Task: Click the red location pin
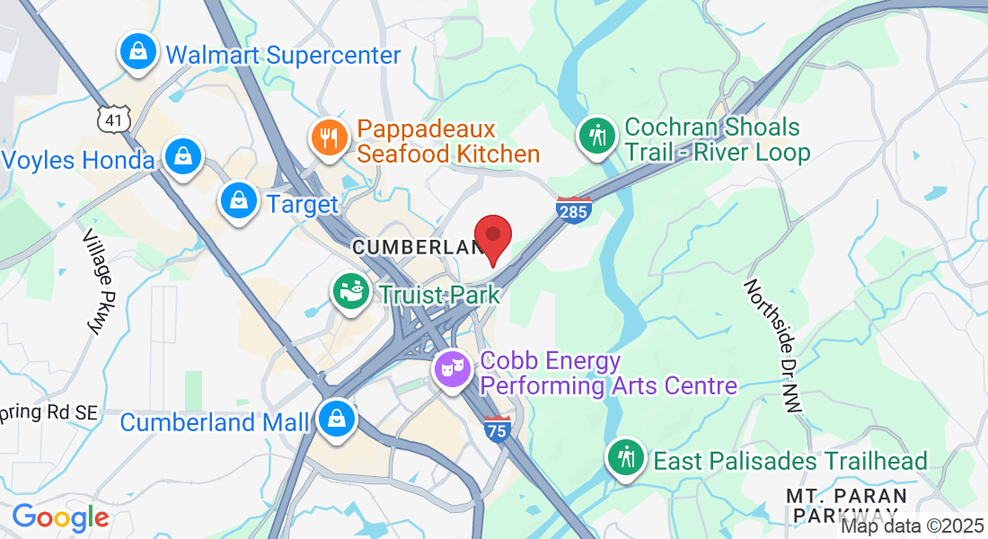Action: [492, 236]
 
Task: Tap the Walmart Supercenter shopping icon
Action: [138, 51]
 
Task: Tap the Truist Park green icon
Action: [351, 292]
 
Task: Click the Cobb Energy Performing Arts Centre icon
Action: [453, 367]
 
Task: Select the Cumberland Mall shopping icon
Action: [336, 418]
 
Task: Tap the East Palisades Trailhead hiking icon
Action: [625, 457]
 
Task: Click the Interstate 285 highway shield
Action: [573, 209]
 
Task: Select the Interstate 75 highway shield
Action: [497, 429]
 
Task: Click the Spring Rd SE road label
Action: [49, 412]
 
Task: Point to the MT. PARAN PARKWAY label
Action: [846, 505]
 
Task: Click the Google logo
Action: [60, 517]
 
